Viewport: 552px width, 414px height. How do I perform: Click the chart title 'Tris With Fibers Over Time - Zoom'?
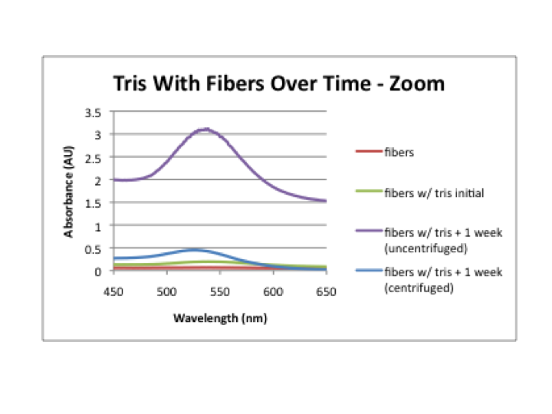278,83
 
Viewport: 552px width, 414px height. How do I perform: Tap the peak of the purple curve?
205,130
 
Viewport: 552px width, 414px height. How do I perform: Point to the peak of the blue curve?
195,250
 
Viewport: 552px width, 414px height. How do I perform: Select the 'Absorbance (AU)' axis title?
70,192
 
